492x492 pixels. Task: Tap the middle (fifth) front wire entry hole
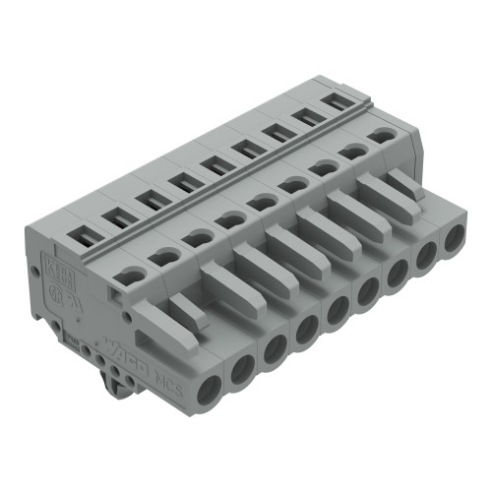coord(338,311)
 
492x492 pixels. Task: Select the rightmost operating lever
coord(403,183)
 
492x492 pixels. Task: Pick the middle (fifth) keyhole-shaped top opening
coord(261,203)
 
